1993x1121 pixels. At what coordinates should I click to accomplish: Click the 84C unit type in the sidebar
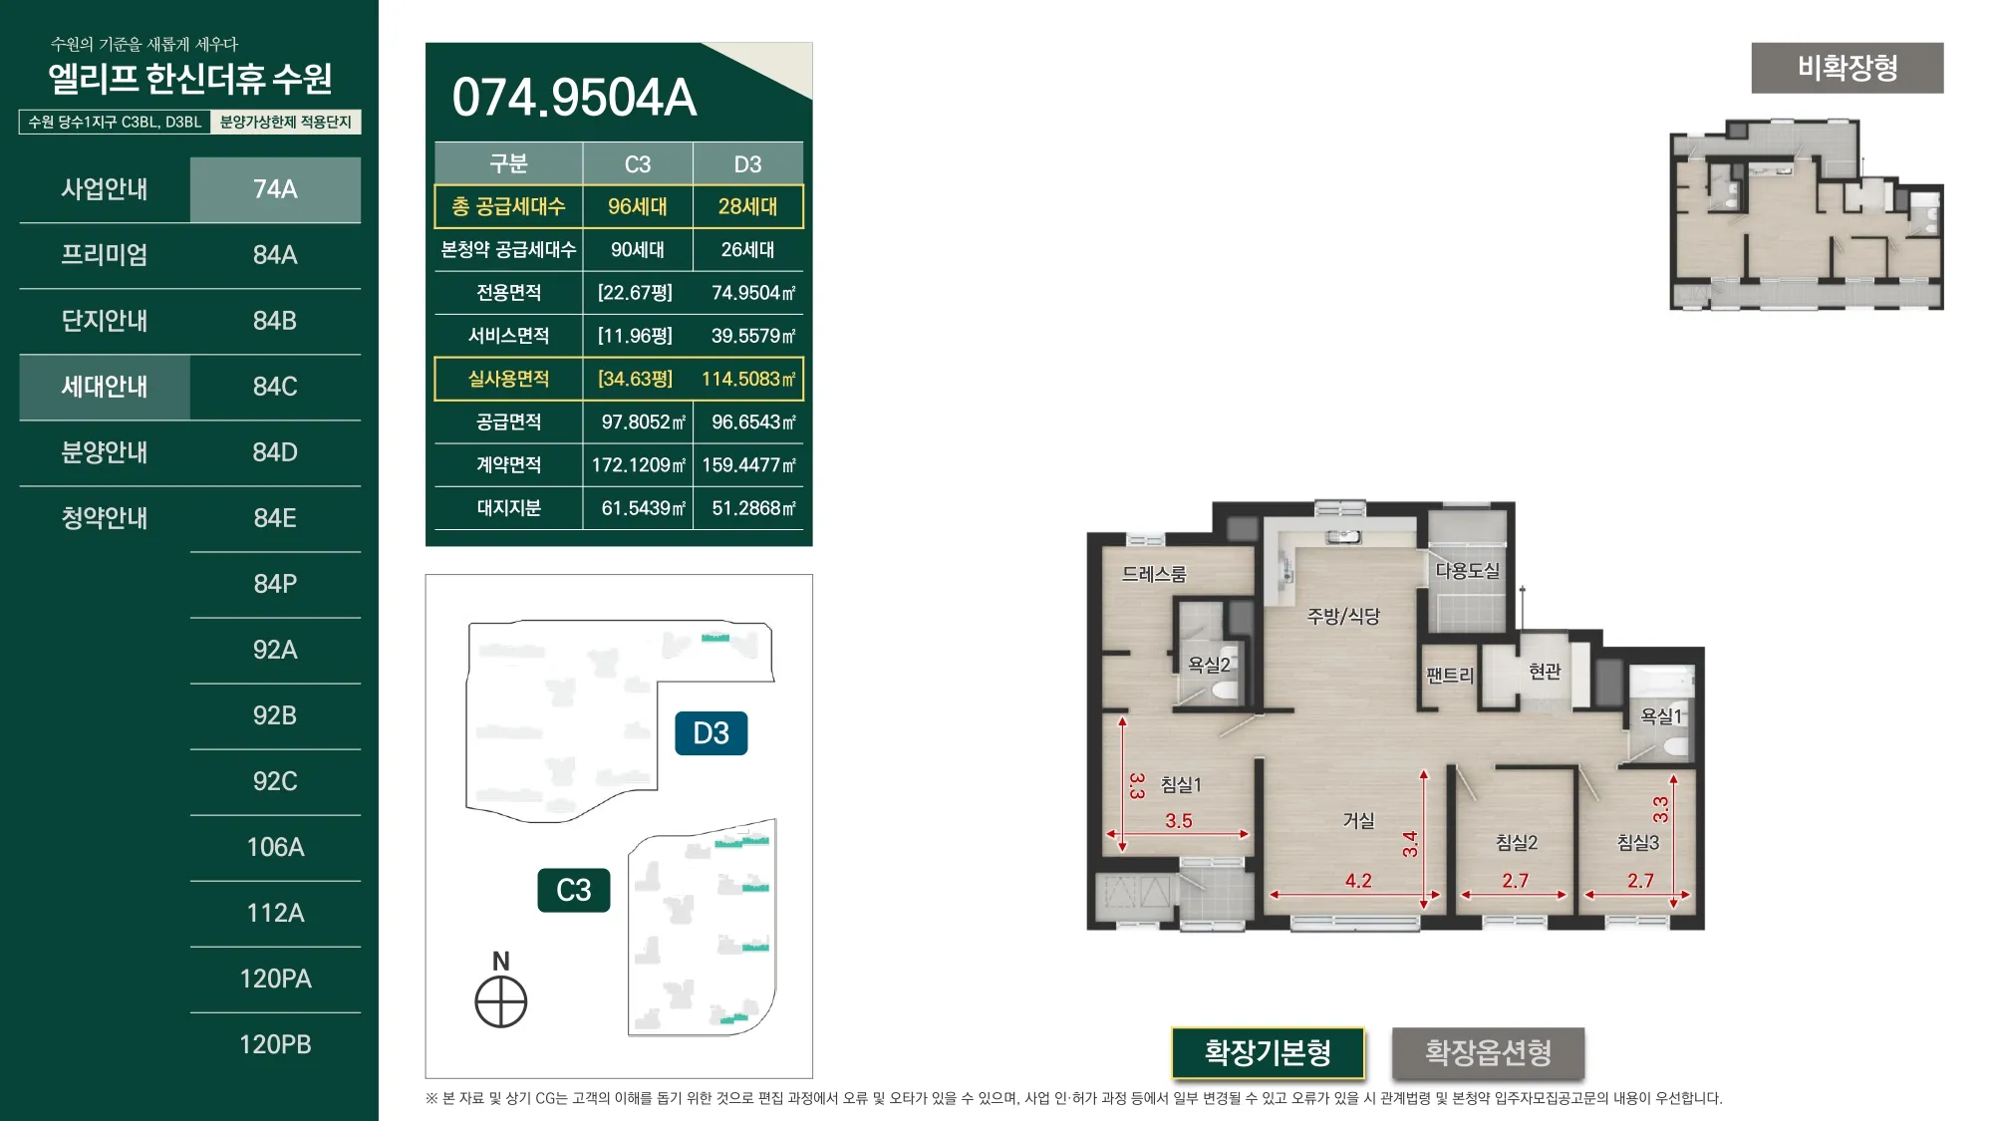point(275,387)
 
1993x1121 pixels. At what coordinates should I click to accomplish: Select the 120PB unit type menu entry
point(275,1044)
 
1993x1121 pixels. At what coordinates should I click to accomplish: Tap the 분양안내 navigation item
point(105,452)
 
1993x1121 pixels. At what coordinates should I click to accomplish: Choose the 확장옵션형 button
point(1488,1052)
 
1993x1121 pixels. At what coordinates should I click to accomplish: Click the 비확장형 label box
point(1848,68)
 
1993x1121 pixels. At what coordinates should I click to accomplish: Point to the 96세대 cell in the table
point(638,206)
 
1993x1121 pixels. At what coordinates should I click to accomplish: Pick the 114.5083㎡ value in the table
point(748,379)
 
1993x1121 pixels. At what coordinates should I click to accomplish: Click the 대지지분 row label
point(508,508)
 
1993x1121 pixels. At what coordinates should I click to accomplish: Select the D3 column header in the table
point(748,164)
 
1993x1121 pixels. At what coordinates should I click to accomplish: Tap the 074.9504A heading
point(574,98)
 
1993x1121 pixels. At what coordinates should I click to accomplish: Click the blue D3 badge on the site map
point(712,733)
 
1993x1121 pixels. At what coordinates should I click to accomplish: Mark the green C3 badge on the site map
point(574,890)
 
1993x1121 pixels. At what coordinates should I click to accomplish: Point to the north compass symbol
point(501,1001)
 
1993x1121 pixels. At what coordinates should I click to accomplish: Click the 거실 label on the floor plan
point(1359,820)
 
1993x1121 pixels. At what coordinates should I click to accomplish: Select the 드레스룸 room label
point(1154,574)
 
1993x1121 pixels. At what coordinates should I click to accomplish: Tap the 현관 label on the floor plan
point(1545,672)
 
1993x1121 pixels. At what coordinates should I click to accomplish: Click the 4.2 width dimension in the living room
point(1358,881)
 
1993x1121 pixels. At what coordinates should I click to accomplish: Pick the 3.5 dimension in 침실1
point(1179,821)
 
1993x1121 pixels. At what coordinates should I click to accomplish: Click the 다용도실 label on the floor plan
point(1467,570)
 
